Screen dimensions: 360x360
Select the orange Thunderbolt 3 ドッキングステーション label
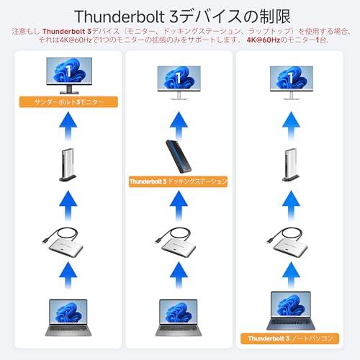pyautogui.click(x=178, y=181)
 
